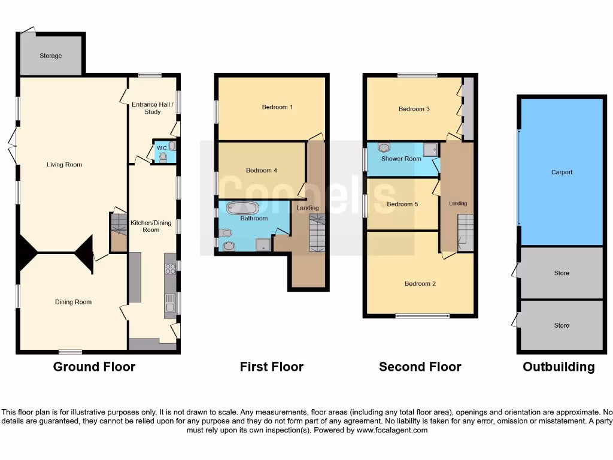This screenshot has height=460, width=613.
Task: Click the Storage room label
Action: pyautogui.click(x=51, y=56)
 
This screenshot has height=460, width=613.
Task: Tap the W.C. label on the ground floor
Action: pyautogui.click(x=162, y=148)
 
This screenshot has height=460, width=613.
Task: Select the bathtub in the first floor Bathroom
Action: pyautogui.click(x=242, y=208)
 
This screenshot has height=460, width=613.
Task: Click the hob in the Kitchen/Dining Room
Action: pyautogui.click(x=170, y=268)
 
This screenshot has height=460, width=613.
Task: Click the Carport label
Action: pyautogui.click(x=562, y=172)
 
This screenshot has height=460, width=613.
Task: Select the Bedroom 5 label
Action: pyautogui.click(x=402, y=204)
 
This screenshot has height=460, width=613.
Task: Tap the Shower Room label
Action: pyautogui.click(x=401, y=159)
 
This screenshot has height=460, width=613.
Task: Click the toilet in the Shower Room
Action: pyautogui.click(x=384, y=147)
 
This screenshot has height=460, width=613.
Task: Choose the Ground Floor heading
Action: pyautogui.click(x=94, y=367)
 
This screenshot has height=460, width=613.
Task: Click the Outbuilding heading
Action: pyautogui.click(x=559, y=367)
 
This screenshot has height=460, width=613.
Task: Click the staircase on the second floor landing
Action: pyautogui.click(x=466, y=231)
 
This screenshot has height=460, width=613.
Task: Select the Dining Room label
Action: pyautogui.click(x=73, y=302)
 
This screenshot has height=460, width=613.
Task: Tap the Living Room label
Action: pyautogui.click(x=65, y=165)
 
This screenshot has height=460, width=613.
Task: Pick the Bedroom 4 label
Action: pyautogui.click(x=262, y=170)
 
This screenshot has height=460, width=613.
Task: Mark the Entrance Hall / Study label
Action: pyautogui.click(x=152, y=108)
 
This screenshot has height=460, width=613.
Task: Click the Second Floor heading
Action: pyautogui.click(x=420, y=367)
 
